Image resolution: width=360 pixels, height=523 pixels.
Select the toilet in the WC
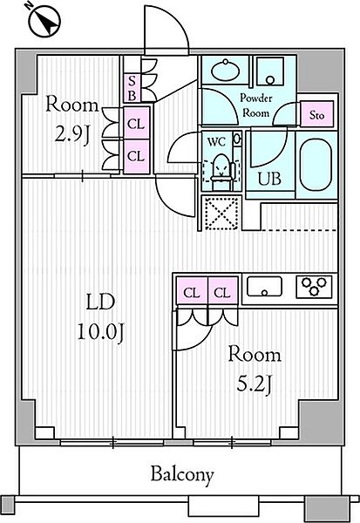221,166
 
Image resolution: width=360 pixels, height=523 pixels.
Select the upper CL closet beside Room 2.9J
135,124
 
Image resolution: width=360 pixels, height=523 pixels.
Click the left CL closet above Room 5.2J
191,292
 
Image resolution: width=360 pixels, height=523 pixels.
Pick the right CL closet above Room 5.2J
223,292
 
